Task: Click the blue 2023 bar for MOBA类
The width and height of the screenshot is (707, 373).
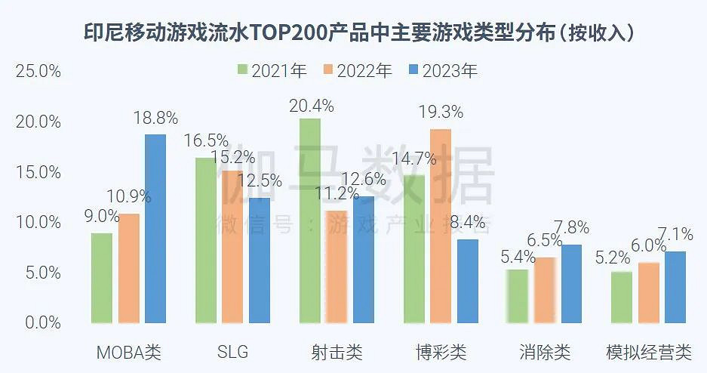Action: (155, 229)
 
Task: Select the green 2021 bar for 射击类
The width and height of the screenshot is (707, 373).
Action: (309, 220)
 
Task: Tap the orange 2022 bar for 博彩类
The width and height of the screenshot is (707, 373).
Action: (441, 226)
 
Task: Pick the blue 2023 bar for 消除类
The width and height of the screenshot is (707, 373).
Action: (571, 284)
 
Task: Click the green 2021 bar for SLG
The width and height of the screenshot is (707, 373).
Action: (205, 240)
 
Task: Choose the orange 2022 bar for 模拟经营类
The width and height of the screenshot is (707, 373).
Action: (649, 293)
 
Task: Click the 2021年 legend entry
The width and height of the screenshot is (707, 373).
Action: (272, 71)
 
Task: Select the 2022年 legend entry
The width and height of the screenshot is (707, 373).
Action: (358, 71)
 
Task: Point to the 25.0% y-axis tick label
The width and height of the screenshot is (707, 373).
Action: (38, 72)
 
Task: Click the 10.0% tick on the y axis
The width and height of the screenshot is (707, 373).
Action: (38, 223)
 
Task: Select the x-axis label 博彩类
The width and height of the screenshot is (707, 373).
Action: (441, 352)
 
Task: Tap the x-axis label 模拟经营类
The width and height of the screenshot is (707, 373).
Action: (649, 352)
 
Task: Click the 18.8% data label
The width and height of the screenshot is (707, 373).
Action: (155, 118)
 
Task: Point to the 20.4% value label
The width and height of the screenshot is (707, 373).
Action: (311, 106)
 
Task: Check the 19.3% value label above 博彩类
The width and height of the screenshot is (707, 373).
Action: (441, 113)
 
